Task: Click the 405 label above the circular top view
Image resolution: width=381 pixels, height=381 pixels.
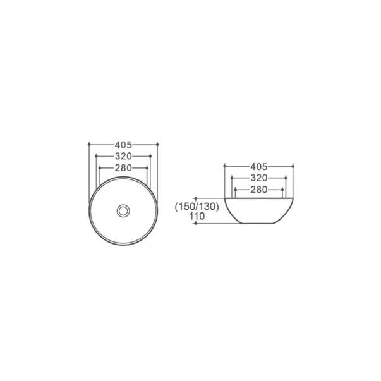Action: [x=123, y=144]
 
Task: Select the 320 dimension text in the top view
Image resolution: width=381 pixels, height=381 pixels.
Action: [x=123, y=156]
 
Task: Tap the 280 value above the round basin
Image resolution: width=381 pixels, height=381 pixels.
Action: [x=123, y=168]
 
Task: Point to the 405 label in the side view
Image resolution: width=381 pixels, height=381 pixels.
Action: [x=259, y=167]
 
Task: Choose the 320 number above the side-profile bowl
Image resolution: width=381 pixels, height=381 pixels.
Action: [x=259, y=178]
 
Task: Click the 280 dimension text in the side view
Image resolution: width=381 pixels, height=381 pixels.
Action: [x=259, y=190]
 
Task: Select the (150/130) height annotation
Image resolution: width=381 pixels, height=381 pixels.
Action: [x=196, y=207]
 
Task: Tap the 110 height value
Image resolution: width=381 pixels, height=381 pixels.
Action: [x=197, y=216]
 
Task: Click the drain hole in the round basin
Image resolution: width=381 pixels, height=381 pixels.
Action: [x=123, y=209]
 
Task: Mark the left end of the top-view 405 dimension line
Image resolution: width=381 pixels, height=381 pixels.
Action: [x=90, y=144]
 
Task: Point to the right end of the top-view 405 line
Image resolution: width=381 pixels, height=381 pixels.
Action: [x=157, y=144]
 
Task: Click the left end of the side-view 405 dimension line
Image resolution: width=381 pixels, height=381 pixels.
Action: [x=224, y=167]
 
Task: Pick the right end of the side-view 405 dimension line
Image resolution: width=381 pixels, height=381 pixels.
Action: [x=294, y=167]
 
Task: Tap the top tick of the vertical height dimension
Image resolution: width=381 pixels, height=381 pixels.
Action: [x=198, y=197]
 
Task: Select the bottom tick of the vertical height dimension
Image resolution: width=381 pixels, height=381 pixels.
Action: [x=198, y=226]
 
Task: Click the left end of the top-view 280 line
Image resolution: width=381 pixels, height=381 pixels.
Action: [x=100, y=168]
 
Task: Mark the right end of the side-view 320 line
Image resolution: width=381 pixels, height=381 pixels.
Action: [x=288, y=178]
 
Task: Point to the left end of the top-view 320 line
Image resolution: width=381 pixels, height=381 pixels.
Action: [x=95, y=156]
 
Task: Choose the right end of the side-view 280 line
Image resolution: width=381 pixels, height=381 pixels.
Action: [x=284, y=190]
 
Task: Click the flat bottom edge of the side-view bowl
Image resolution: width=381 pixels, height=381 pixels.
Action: [x=259, y=225]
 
